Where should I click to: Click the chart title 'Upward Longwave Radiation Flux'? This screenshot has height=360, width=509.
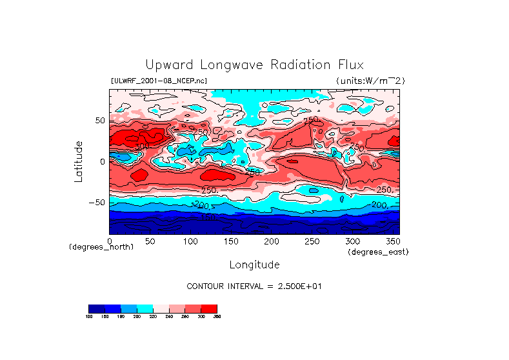point(254,65)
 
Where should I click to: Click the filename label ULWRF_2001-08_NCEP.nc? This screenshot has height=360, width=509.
point(159,81)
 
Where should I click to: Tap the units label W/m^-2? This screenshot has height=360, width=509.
point(370,81)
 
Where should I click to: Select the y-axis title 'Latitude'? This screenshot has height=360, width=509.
point(78,161)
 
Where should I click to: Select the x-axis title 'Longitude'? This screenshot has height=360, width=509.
point(254,265)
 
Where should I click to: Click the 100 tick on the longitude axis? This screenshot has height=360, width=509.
point(190,241)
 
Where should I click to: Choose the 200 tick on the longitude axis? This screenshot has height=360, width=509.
point(271,241)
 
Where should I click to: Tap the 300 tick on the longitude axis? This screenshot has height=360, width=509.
point(352,241)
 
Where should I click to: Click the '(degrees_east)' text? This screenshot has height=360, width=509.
point(378,252)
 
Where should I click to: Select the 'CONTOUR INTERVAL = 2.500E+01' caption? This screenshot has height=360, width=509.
point(254,286)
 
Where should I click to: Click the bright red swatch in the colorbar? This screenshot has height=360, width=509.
point(209,308)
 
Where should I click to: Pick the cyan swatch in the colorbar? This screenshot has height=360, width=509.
point(145,308)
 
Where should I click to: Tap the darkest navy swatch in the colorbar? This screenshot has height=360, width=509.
point(96,308)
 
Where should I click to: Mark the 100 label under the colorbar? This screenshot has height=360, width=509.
point(88,316)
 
